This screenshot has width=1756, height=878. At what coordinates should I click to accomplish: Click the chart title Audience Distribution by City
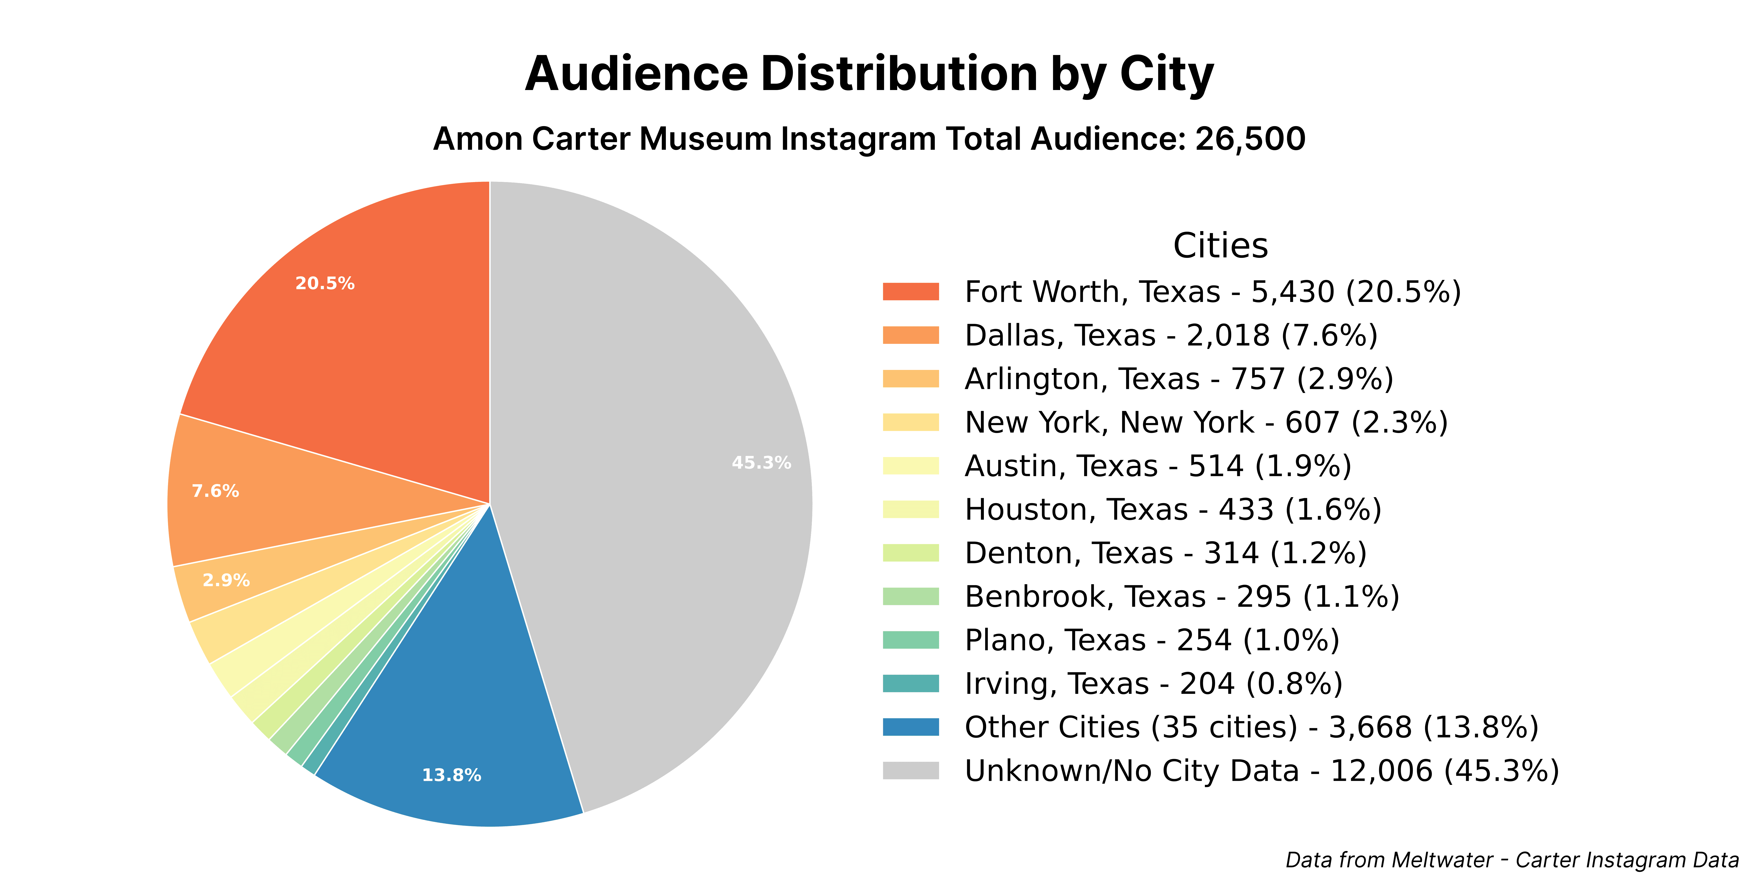tap(869, 74)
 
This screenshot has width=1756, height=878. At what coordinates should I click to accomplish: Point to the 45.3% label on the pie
tap(761, 463)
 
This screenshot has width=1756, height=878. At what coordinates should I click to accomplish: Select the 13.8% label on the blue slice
tap(451, 775)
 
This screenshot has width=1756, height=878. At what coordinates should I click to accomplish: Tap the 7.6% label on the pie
tap(215, 491)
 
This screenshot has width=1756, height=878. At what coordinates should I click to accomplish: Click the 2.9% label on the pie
tap(226, 580)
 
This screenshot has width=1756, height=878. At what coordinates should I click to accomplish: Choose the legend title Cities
tap(1220, 245)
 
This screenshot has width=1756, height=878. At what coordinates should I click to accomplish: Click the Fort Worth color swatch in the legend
tap(911, 292)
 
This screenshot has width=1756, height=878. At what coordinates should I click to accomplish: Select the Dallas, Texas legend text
tap(1170, 335)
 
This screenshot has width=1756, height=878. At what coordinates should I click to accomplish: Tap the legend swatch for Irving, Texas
tap(911, 684)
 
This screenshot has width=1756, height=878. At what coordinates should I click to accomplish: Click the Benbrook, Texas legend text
tap(1181, 597)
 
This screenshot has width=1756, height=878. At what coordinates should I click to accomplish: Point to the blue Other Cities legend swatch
tap(911, 727)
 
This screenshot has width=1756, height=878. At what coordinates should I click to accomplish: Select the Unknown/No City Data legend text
tap(1261, 771)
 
